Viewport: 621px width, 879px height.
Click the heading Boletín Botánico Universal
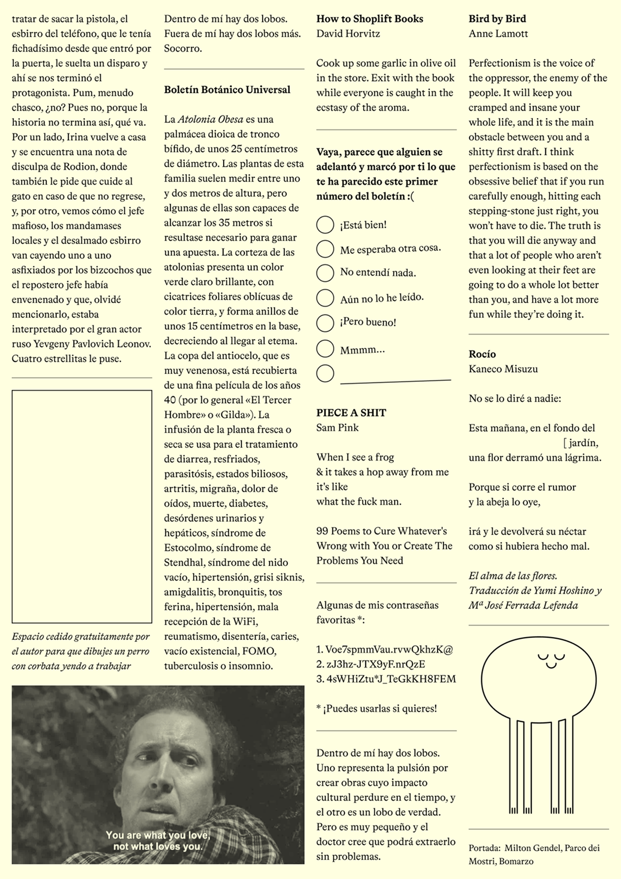[x=227, y=90]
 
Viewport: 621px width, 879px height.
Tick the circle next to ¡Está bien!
[x=325, y=225]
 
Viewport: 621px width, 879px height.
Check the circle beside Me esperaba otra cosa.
[x=325, y=249]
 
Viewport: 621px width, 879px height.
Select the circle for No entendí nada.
[x=325, y=273]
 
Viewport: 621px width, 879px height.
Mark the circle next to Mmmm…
[x=325, y=349]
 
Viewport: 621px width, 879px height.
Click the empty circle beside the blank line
[x=325, y=373]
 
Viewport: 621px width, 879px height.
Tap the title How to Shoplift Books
[x=370, y=19]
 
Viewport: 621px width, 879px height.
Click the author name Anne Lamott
[x=498, y=33]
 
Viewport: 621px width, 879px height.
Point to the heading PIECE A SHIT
[x=351, y=413]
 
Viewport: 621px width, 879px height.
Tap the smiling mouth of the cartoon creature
[x=551, y=665]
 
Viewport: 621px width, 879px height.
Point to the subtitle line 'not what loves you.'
[x=158, y=846]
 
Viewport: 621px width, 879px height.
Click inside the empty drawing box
[x=82, y=506]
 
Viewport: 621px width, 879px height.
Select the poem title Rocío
[x=482, y=354]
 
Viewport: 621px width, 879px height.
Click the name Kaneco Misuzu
[x=503, y=369]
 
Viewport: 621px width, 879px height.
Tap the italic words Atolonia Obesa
[x=210, y=119]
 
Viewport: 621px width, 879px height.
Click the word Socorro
[x=183, y=48]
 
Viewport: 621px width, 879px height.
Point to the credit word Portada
[x=484, y=848]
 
